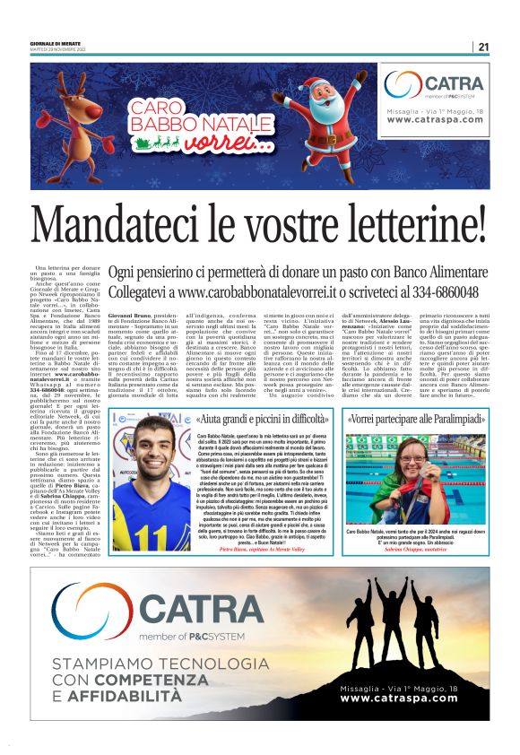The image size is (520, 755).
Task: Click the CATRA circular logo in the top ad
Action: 404,87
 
